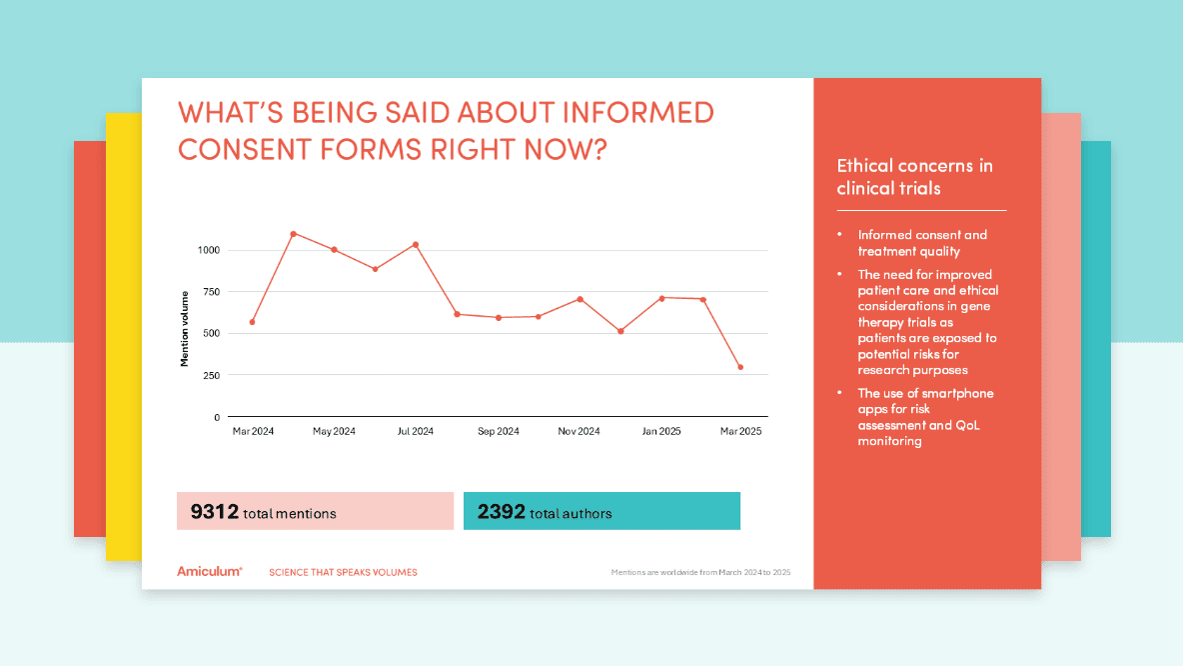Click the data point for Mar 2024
pos(252,322)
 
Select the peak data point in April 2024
pos(293,234)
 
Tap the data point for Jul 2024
pos(416,244)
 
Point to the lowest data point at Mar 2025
pos(740,367)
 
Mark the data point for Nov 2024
pos(580,299)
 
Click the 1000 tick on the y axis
pos(209,250)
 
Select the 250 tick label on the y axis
pos(212,375)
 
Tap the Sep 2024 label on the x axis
pos(498,431)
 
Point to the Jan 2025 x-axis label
pos(661,431)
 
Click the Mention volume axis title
pos(185,328)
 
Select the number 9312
pos(214,512)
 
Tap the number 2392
pos(501,512)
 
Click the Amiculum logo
pos(209,572)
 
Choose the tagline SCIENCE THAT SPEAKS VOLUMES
pos(343,573)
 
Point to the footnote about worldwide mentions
pos(700,573)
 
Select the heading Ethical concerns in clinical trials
pos(914,177)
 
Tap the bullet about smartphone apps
pos(925,417)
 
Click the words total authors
pos(571,514)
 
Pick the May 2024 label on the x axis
pos(334,431)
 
